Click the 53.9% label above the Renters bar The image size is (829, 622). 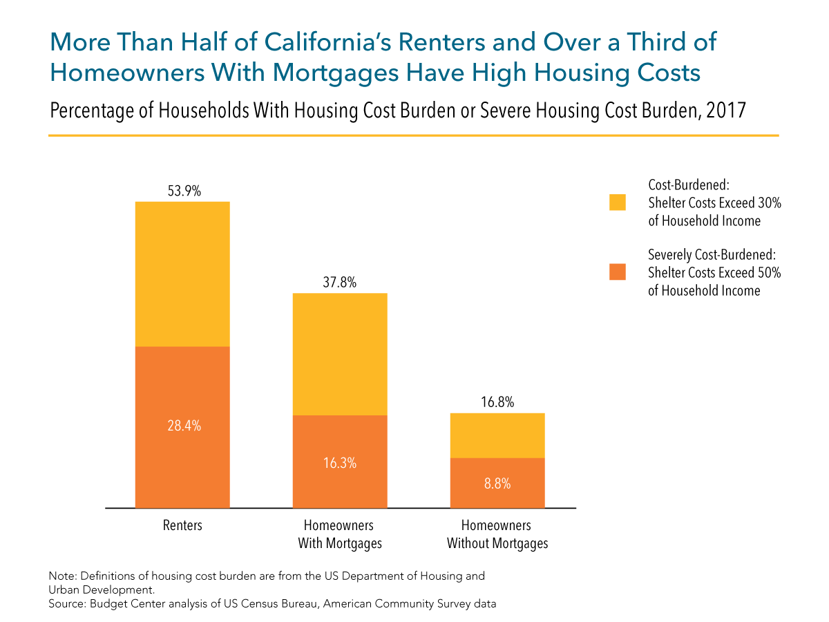click(182, 191)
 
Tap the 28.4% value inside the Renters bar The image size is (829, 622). click(182, 426)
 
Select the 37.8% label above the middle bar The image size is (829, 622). click(340, 283)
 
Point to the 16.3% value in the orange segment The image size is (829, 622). click(340, 463)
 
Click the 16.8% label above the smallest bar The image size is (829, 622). click(497, 403)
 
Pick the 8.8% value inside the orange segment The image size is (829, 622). click(497, 484)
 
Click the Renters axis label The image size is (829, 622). click(182, 525)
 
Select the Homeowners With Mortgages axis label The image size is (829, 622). click(340, 534)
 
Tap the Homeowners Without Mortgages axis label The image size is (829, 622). click(497, 534)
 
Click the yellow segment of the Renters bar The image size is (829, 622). click(182, 274)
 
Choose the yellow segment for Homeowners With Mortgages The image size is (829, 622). click(340, 354)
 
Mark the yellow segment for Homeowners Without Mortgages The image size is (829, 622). click(497, 435)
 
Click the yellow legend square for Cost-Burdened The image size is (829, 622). click(617, 202)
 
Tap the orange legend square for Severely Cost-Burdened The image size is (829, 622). click(617, 272)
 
